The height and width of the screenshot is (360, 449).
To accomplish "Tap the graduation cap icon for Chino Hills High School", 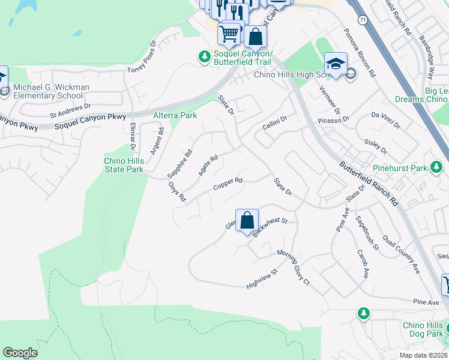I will point(336,64).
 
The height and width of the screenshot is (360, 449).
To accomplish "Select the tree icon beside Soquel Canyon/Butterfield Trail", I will point(205,56).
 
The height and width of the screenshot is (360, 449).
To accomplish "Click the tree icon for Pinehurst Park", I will point(438,169).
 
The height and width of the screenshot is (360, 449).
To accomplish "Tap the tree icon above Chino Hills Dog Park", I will point(363,313).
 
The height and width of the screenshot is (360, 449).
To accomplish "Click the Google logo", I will point(20,353).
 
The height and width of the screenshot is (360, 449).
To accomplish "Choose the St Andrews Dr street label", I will point(70,109).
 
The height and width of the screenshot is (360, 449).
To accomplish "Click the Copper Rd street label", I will point(228,184).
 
